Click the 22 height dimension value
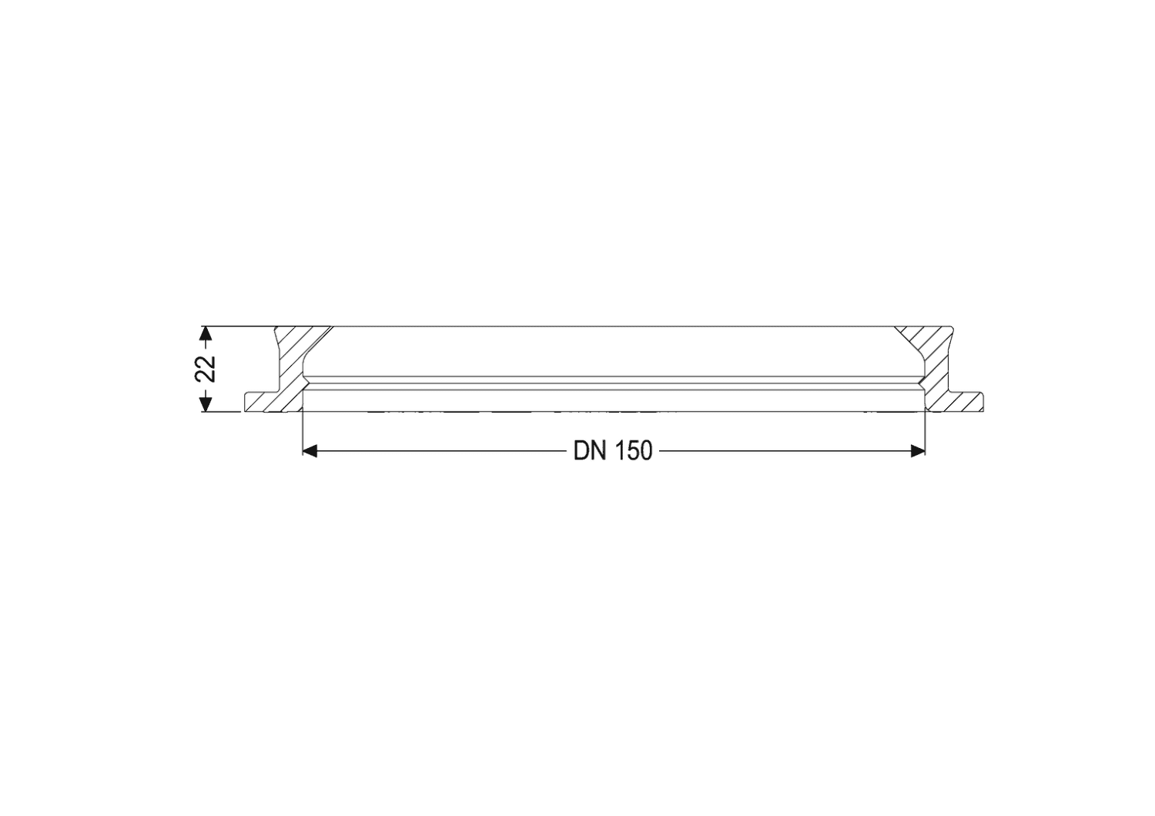pos(206,368)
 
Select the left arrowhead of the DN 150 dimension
pos(310,452)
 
